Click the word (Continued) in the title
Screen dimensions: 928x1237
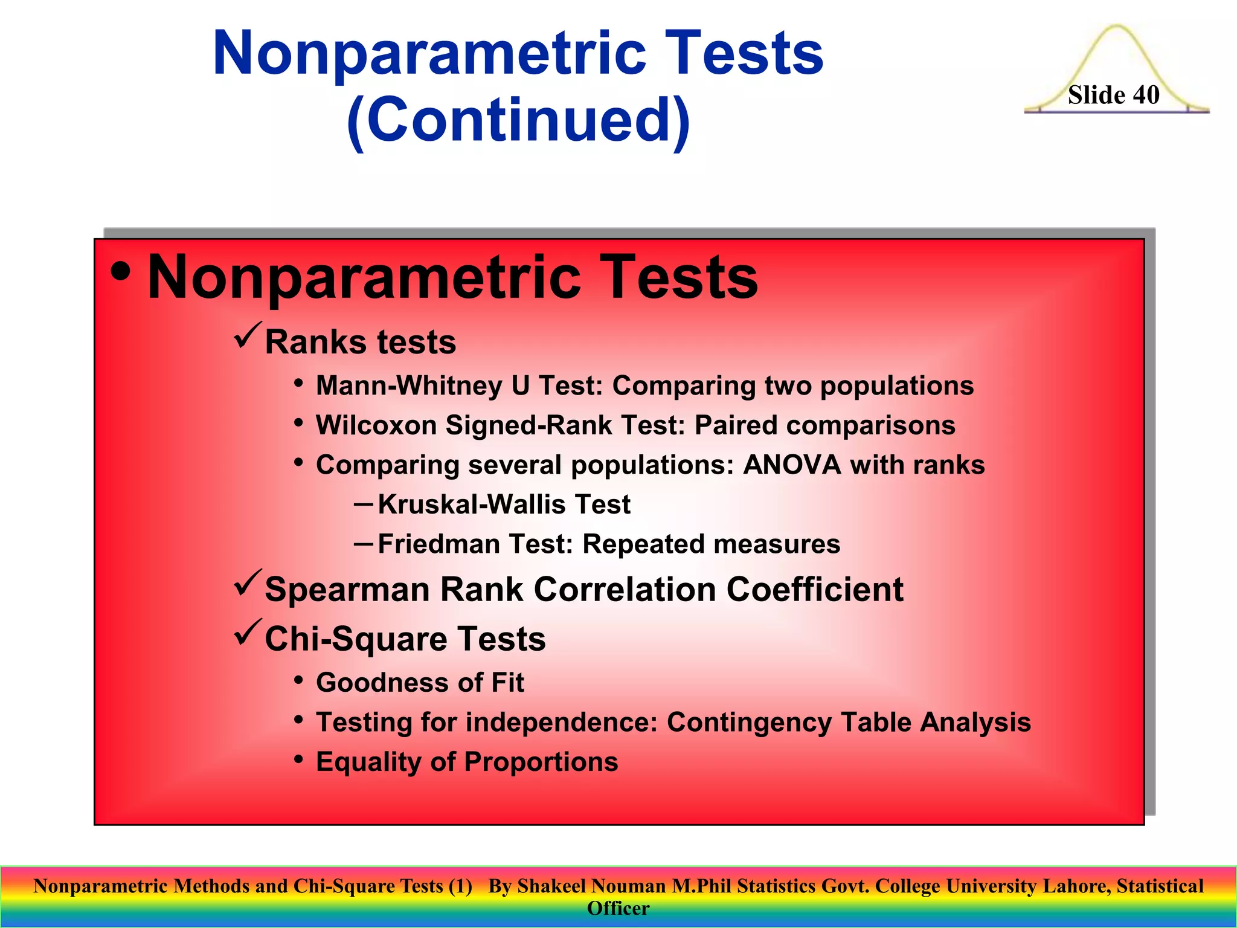pyautogui.click(x=518, y=120)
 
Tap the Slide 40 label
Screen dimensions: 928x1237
pyautogui.click(x=1113, y=95)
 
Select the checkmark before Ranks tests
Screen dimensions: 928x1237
pyautogui.click(x=248, y=335)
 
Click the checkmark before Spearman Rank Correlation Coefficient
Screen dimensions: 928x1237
pyautogui.click(x=248, y=582)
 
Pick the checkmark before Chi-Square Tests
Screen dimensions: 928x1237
pyautogui.click(x=248, y=632)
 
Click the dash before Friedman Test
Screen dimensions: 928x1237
pyautogui.click(x=363, y=543)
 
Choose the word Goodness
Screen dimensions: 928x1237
pyautogui.click(x=382, y=683)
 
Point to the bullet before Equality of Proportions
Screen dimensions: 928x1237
pyautogui.click(x=298, y=758)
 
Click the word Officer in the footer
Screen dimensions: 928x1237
pyautogui.click(x=618, y=908)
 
